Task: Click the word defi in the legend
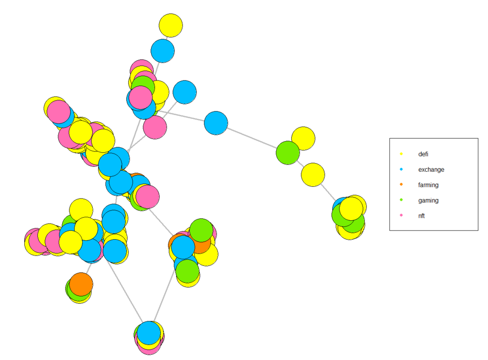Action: (423, 154)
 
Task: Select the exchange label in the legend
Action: (431, 170)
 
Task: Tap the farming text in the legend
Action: (428, 185)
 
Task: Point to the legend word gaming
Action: (428, 200)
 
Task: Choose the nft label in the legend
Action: (421, 216)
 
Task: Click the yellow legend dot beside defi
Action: (402, 154)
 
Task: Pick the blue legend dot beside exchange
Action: (402, 170)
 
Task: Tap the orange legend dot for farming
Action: (402, 185)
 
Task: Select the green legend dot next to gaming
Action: (402, 200)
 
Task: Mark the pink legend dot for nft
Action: (402, 216)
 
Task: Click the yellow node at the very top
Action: (170, 25)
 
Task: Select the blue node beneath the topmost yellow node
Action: (163, 50)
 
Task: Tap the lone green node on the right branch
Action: (288, 153)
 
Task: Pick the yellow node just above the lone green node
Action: (303, 138)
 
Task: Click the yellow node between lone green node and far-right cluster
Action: (313, 175)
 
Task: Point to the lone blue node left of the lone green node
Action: (216, 123)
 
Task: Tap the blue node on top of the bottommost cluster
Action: (149, 333)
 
